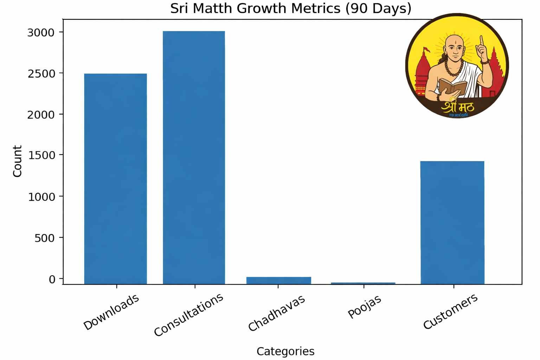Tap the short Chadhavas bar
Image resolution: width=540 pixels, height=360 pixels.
point(278,280)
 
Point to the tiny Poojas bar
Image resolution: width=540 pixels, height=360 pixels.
point(363,283)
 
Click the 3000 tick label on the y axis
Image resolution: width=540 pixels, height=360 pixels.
point(41,33)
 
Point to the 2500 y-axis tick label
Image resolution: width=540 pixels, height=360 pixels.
point(41,74)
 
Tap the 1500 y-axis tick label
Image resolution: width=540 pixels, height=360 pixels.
point(41,155)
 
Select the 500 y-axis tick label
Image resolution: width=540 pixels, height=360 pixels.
point(45,238)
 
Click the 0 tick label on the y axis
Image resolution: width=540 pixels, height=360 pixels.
point(52,279)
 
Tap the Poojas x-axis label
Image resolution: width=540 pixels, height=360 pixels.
point(364,307)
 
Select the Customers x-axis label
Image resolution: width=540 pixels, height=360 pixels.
point(450,311)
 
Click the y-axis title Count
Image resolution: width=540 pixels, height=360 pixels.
point(17,161)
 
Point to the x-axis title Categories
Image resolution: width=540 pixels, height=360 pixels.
point(285,351)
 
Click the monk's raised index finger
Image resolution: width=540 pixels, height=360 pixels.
point(482,40)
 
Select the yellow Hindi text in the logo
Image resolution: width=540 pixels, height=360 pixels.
point(458,106)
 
